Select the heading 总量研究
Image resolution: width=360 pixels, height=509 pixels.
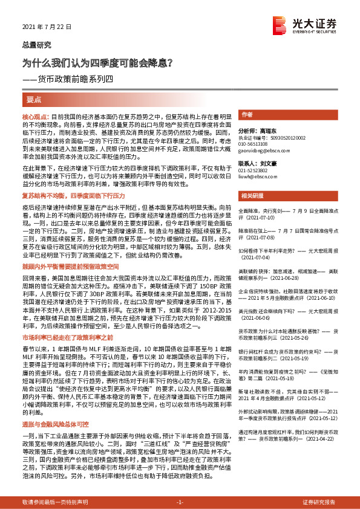click(x=33, y=44)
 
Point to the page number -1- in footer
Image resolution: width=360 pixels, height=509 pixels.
click(x=180, y=502)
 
